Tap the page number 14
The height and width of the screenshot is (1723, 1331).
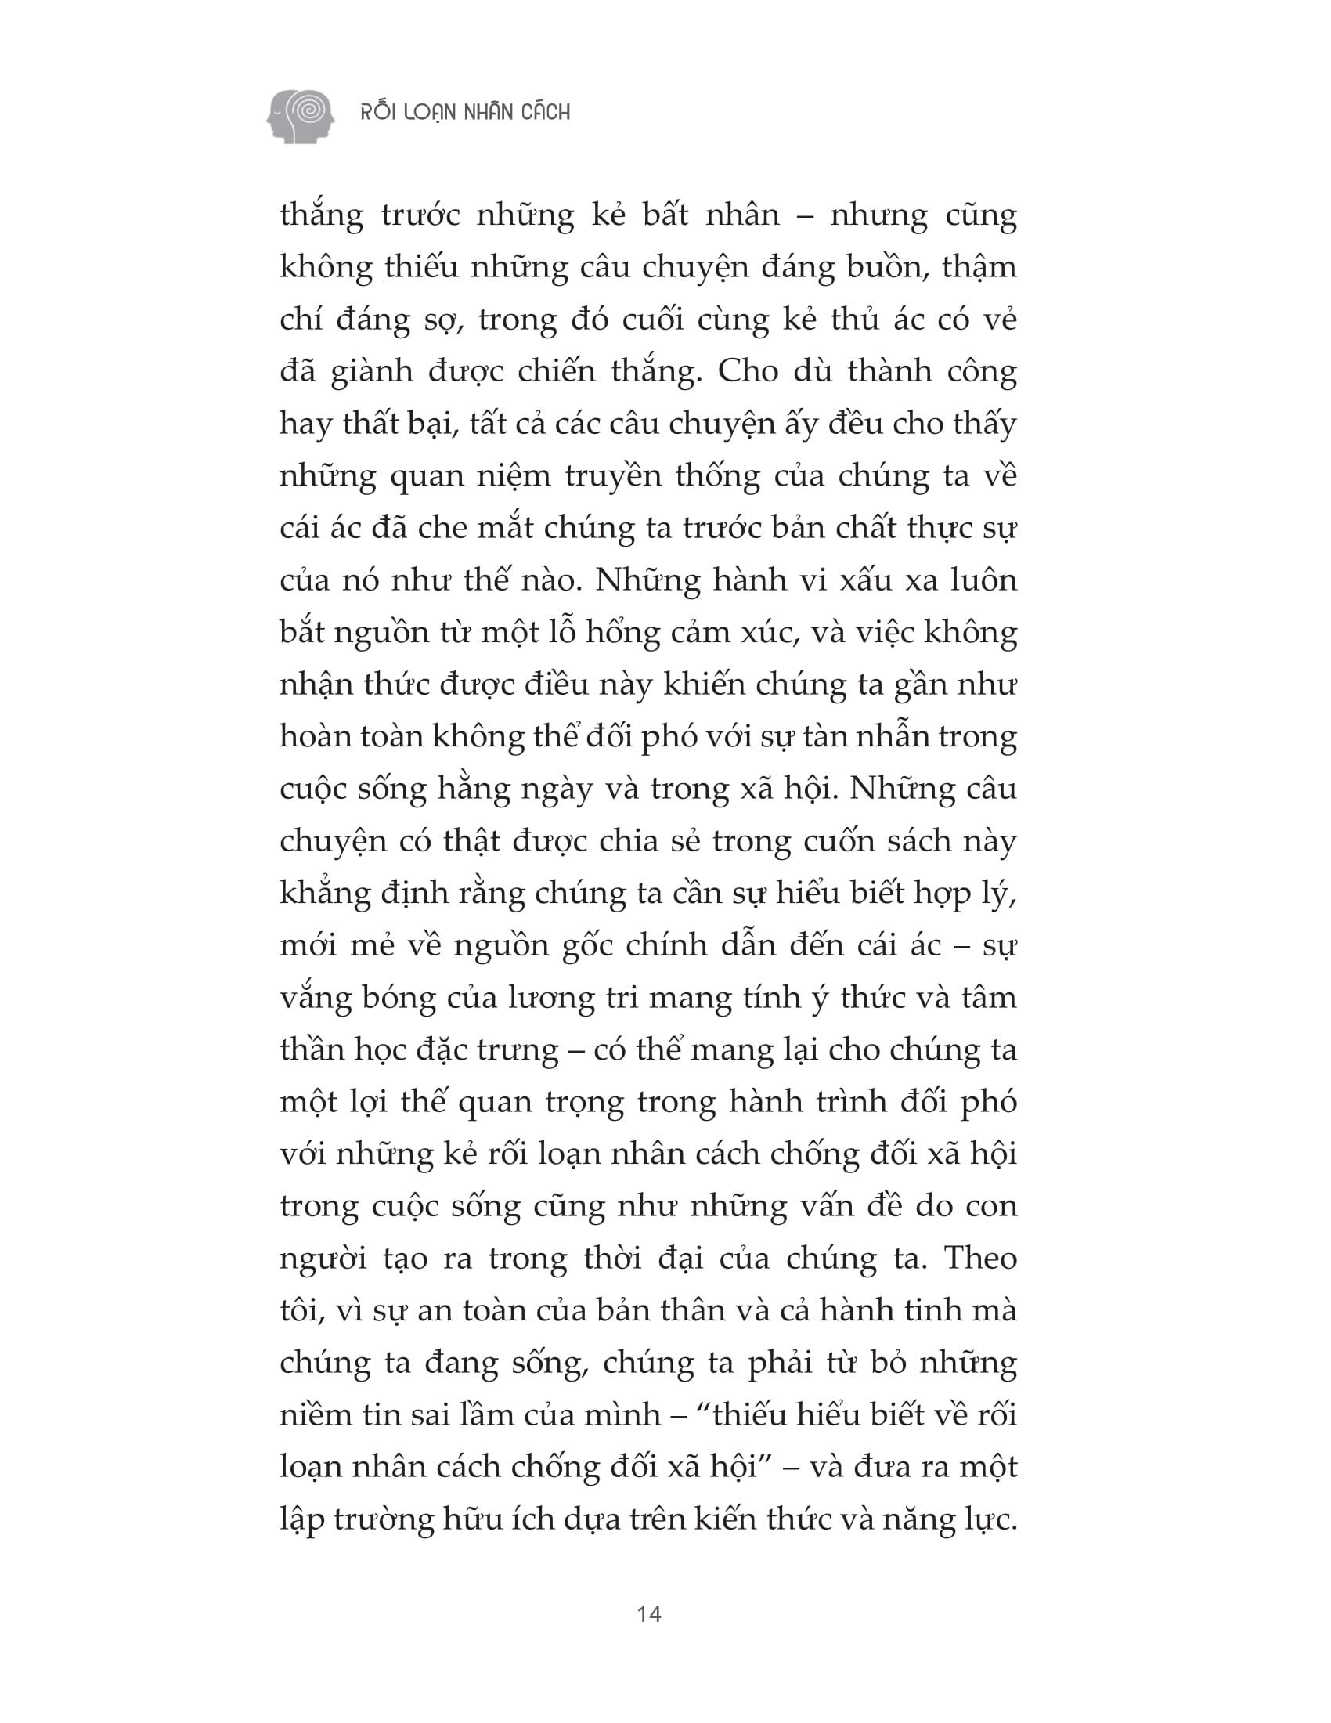649,1613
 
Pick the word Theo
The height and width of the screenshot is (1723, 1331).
980,1259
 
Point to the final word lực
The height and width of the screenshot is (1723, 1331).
989,1519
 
